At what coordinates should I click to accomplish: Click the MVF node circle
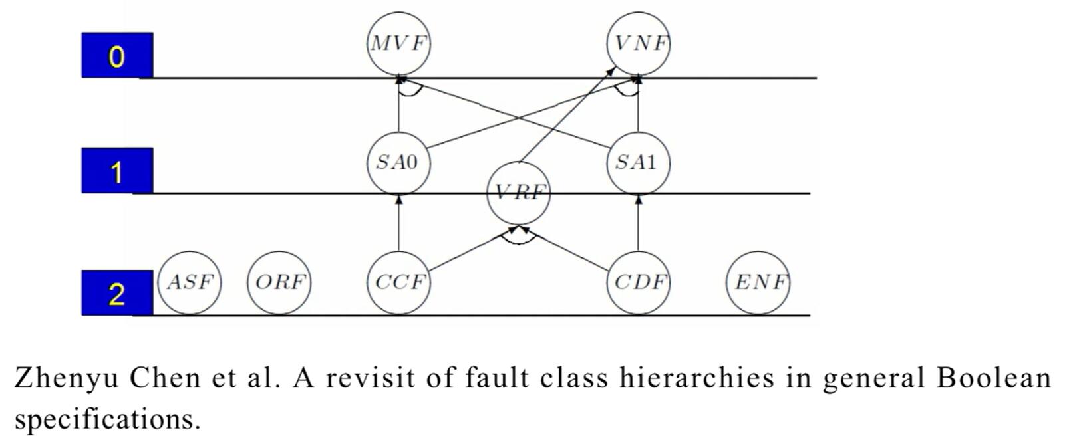(x=398, y=43)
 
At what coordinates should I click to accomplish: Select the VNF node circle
(x=638, y=43)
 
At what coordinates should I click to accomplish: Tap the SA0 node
(x=398, y=163)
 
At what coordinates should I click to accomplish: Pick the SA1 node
(x=638, y=163)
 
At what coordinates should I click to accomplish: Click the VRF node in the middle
(x=519, y=193)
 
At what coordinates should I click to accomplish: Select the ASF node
(x=190, y=282)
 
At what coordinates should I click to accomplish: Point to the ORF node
(x=279, y=282)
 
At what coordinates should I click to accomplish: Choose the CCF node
(x=398, y=282)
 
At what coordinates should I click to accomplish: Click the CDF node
(x=638, y=282)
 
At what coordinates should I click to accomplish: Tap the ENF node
(x=758, y=282)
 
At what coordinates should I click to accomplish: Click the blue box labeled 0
(x=117, y=55)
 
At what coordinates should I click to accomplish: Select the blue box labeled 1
(x=117, y=171)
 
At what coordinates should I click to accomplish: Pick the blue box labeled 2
(x=117, y=293)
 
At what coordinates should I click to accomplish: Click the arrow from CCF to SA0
(x=398, y=223)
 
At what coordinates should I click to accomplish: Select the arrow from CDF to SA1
(x=638, y=223)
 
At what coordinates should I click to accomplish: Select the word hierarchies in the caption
(x=696, y=378)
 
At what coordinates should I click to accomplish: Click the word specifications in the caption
(x=106, y=420)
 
